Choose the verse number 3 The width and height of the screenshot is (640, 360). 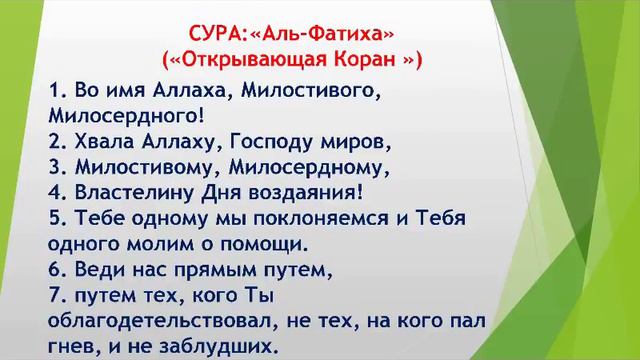tap(55, 165)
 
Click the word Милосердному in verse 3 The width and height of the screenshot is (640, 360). tap(309, 165)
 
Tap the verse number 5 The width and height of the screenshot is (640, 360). tap(55, 217)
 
